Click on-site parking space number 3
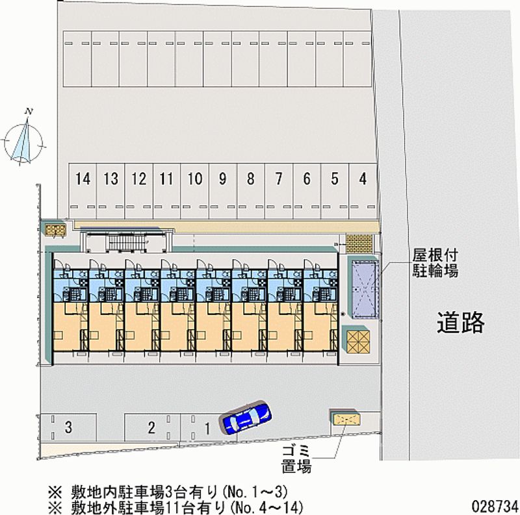click(x=68, y=427)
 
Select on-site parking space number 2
click(x=151, y=427)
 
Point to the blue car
click(x=246, y=417)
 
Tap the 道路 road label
click(x=460, y=322)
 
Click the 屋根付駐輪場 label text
click(x=434, y=264)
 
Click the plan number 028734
click(x=493, y=505)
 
